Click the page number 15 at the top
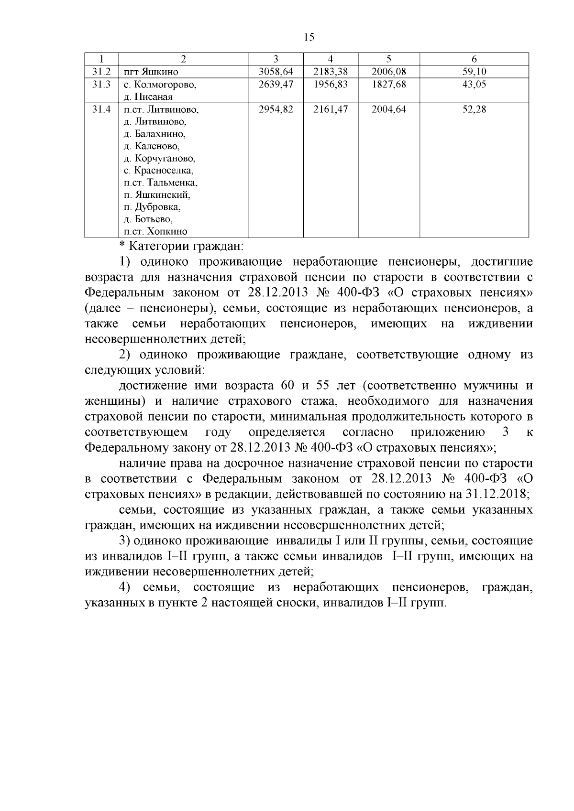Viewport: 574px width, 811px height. [309, 37]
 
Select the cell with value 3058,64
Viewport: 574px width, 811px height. [276, 72]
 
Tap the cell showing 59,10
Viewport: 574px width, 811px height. [474, 72]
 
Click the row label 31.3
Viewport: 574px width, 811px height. [101, 85]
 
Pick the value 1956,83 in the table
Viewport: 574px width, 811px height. [331, 85]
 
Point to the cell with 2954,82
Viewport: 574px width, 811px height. [276, 109]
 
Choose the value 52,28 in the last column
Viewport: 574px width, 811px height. [474, 109]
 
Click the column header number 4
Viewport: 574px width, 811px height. [331, 59]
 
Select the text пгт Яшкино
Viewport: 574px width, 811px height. [151, 72]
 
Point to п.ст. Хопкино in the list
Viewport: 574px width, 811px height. [155, 232]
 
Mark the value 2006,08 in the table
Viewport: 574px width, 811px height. [388, 72]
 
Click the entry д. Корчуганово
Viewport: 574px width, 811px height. [159, 158]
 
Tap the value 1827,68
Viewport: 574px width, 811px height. [388, 85]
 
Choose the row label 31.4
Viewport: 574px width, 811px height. [101, 109]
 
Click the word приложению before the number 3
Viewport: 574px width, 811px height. [447, 433]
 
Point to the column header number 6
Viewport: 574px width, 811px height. [474, 59]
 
